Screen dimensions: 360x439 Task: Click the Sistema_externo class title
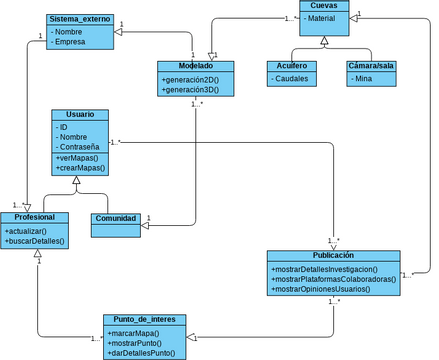coord(82,20)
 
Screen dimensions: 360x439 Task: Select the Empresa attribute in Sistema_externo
coord(71,42)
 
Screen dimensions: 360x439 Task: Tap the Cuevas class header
coord(323,6)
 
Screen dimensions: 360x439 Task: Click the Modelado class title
coord(195,66)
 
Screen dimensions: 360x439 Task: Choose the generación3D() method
coord(197,90)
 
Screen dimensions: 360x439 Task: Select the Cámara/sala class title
coord(371,65)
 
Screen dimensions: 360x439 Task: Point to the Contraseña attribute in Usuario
coord(82,147)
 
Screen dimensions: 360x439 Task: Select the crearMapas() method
coord(81,169)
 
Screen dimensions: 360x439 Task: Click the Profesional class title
coord(35,218)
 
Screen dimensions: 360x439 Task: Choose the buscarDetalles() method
coord(35,241)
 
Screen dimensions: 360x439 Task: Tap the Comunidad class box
coord(115,218)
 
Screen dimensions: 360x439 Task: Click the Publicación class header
coord(333,256)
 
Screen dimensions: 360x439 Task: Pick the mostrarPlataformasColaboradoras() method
coord(334,279)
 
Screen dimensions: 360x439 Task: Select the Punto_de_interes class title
coord(145,320)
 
